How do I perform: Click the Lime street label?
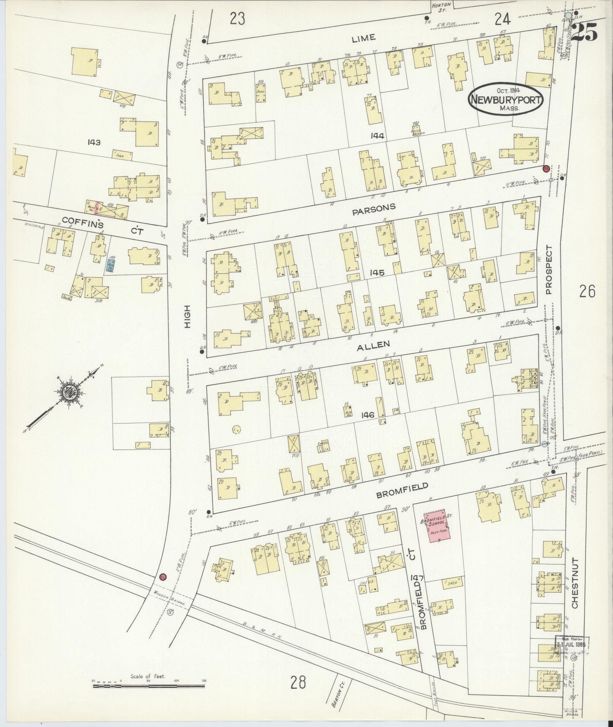pyautogui.click(x=363, y=38)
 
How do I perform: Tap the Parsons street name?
pyautogui.click(x=374, y=209)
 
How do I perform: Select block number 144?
pyautogui.click(x=379, y=136)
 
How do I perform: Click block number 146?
pyautogui.click(x=368, y=415)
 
